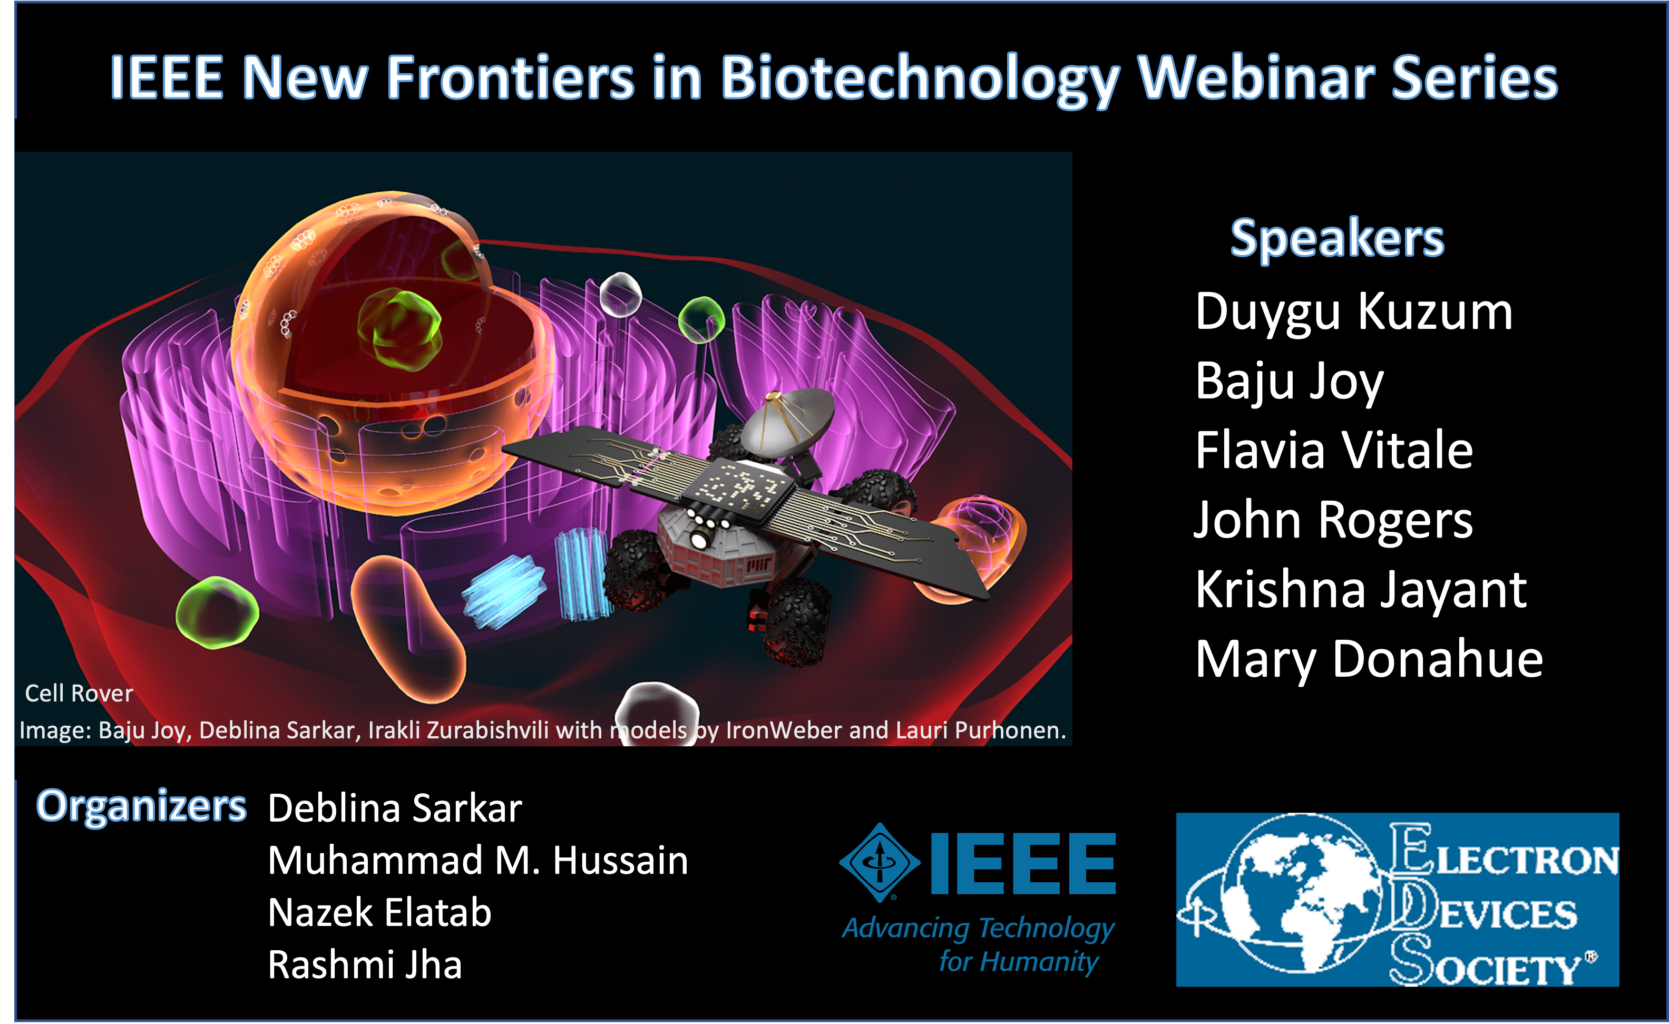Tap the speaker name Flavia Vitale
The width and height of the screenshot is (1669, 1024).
[x=1334, y=451]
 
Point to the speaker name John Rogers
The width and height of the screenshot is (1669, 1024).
[x=1333, y=521]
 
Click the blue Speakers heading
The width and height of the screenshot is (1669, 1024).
[x=1337, y=239]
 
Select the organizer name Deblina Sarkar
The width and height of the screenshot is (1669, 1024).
[x=395, y=808]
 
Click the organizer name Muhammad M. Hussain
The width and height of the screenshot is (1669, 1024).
[x=477, y=860]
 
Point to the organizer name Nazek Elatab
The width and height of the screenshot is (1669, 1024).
[x=379, y=912]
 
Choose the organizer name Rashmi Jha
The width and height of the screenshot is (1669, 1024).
[x=364, y=964]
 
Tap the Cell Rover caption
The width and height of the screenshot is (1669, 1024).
[x=79, y=694]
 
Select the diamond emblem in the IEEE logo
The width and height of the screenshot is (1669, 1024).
[x=880, y=863]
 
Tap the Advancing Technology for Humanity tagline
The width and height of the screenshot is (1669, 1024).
[x=978, y=944]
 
